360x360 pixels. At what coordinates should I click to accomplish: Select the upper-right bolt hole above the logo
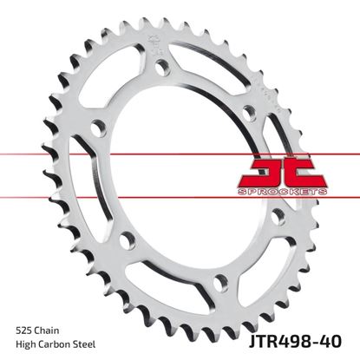pos(250,111)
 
